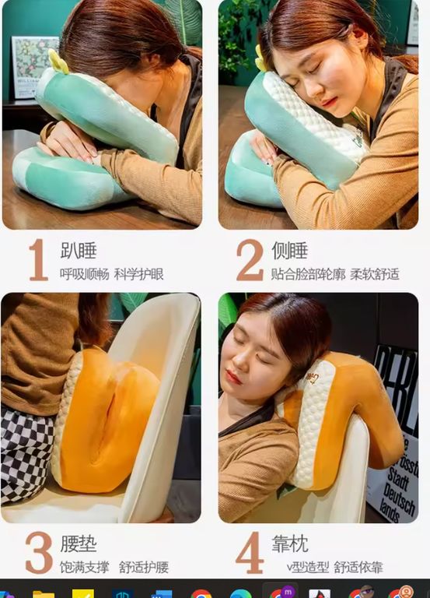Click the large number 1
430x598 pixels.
click(38, 260)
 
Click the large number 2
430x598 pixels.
click(250, 260)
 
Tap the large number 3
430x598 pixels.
click(39, 552)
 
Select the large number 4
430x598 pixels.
click(250, 552)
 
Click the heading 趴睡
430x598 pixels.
click(79, 251)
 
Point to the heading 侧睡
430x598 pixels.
click(290, 251)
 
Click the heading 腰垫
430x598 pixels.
click(79, 543)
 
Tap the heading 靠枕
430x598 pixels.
click(290, 543)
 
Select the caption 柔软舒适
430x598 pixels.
click(375, 274)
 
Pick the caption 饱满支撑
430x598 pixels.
click(84, 567)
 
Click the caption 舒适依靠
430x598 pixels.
click(358, 567)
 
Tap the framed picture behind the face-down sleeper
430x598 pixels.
click(34, 67)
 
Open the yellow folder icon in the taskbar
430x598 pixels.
click(44, 594)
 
